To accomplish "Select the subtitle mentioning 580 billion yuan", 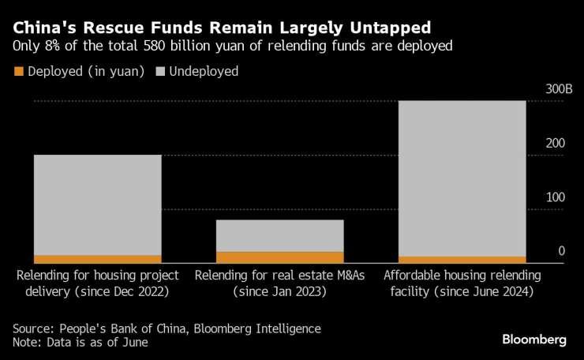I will [x=233, y=46].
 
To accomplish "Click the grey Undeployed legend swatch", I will [x=162, y=71].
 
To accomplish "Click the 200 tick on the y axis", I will [x=556, y=144].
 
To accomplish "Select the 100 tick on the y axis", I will [x=556, y=197].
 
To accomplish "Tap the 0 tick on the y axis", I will [x=561, y=251].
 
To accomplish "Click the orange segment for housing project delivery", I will [x=97, y=259].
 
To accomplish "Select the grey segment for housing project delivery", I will [x=97, y=204].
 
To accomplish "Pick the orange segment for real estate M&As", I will [x=280, y=257].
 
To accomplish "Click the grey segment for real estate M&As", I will [x=280, y=235].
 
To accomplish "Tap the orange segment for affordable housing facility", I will [x=462, y=260].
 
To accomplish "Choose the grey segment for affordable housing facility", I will [x=462, y=178].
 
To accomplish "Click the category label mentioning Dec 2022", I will [x=98, y=283].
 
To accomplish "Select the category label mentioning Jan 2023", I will [x=280, y=283].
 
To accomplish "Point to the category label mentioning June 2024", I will [x=462, y=283].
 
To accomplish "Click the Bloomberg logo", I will [x=534, y=339].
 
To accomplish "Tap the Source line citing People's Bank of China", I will [x=167, y=328].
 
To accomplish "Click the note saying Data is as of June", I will [x=80, y=343].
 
